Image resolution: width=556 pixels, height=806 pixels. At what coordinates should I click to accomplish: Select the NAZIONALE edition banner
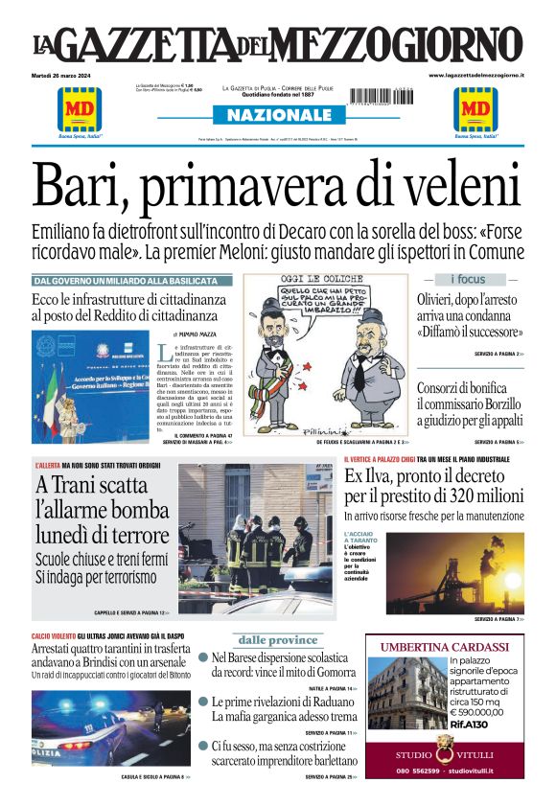[x=278, y=115]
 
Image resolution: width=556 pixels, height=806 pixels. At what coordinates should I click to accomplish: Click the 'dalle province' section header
[x=278, y=640]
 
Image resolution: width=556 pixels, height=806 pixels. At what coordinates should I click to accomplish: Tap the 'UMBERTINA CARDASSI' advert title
[x=445, y=647]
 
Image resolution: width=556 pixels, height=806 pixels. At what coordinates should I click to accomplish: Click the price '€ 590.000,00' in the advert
[x=481, y=712]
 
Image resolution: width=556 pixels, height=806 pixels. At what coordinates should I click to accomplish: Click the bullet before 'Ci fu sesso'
[x=203, y=745]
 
